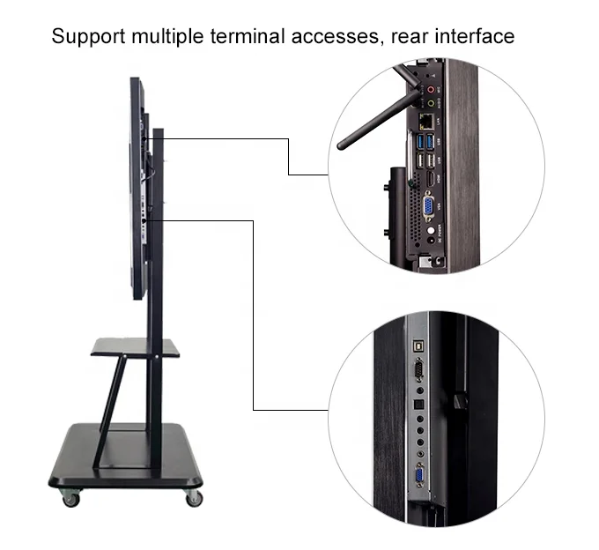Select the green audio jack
click(x=431, y=101)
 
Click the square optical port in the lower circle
click(x=418, y=406)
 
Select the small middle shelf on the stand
click(x=135, y=347)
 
